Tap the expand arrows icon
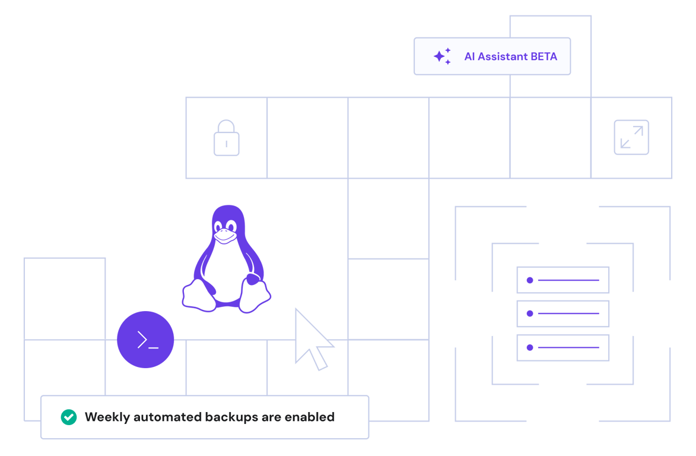pyautogui.click(x=631, y=138)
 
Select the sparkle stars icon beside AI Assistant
pyautogui.click(x=442, y=56)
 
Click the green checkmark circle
pyautogui.click(x=69, y=417)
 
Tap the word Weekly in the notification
pyautogui.click(x=107, y=417)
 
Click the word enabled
pyautogui.click(x=309, y=417)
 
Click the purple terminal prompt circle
pyautogui.click(x=145, y=340)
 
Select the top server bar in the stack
pyautogui.click(x=562, y=280)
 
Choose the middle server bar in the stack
pyautogui.click(x=562, y=313)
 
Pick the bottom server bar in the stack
pyautogui.click(x=562, y=347)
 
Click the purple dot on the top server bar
pyautogui.click(x=530, y=280)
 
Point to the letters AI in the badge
pyautogui.click(x=469, y=57)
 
